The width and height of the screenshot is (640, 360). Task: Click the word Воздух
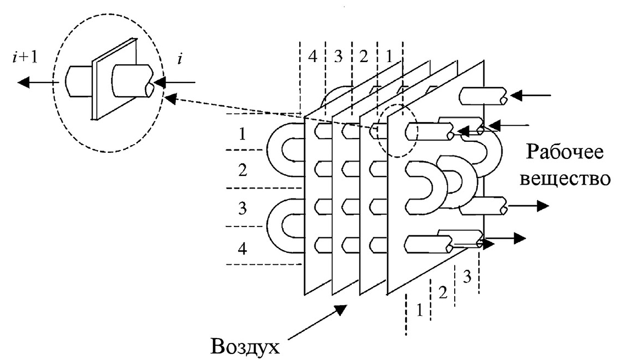pos(245,346)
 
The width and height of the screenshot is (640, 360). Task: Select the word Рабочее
pos(565,152)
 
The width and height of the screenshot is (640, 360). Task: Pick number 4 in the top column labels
pos(313,56)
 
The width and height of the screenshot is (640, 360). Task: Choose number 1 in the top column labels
pos(390,56)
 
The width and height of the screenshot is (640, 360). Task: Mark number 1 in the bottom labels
pos(418,311)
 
